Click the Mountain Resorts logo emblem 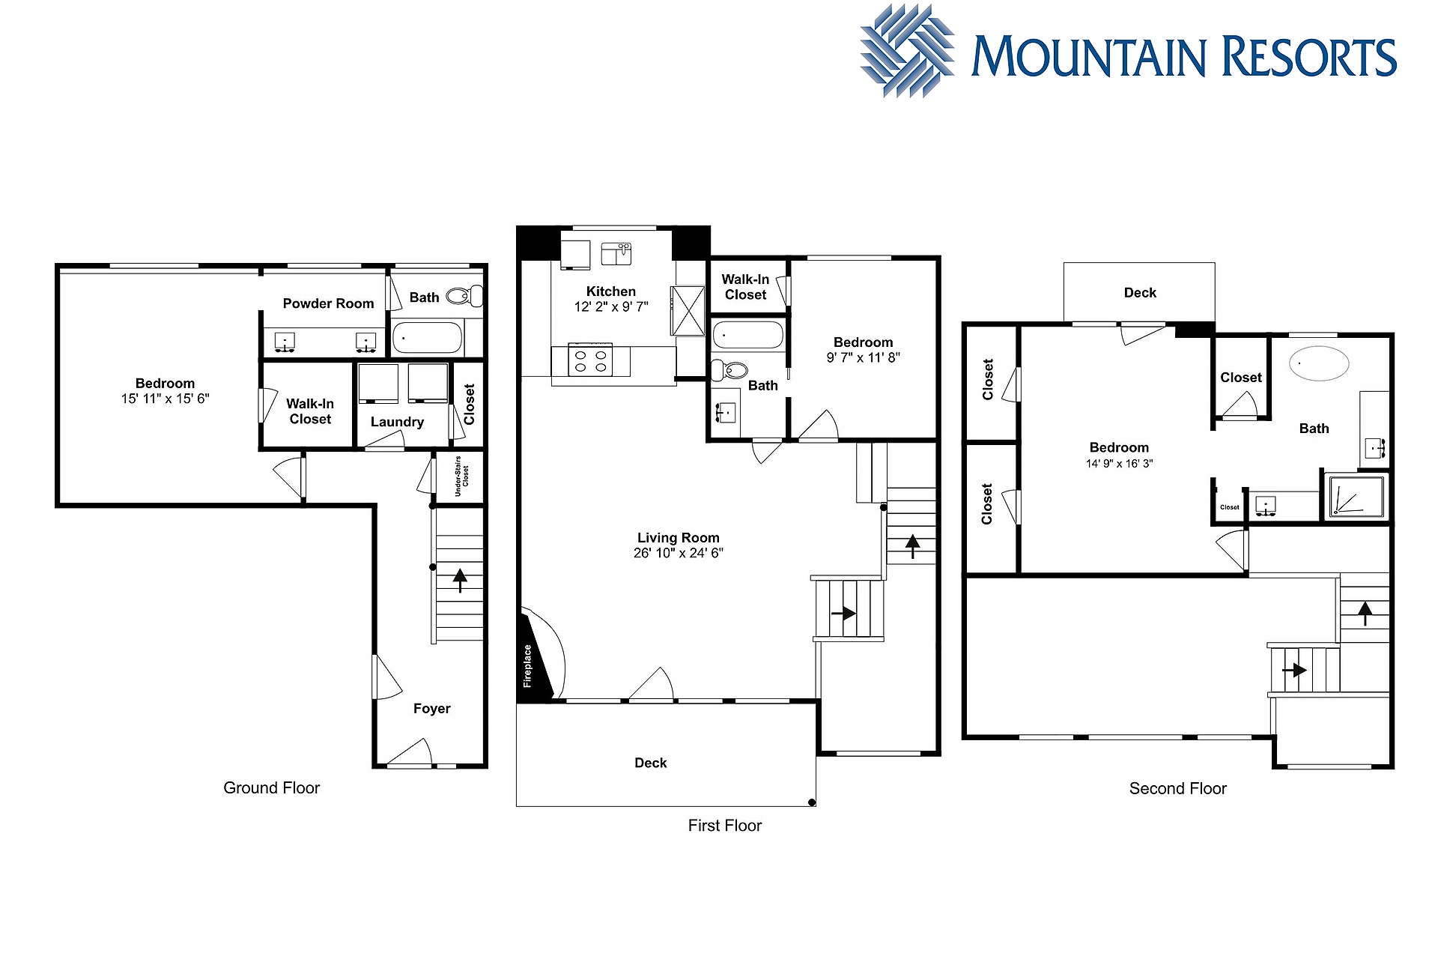(x=907, y=51)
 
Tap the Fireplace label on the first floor (x=527, y=666)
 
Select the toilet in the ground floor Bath (x=465, y=296)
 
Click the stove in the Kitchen (x=591, y=360)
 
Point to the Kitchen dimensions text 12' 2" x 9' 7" (x=611, y=306)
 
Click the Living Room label (x=679, y=538)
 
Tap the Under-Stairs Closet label (x=461, y=476)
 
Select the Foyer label (x=432, y=709)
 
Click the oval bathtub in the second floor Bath (x=1319, y=364)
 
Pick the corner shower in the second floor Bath (x=1356, y=495)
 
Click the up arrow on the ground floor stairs (x=460, y=581)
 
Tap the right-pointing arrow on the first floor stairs (x=843, y=614)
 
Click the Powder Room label (x=328, y=303)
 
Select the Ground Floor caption (x=272, y=788)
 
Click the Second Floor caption (x=1178, y=789)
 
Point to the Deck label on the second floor (x=1140, y=293)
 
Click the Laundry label (x=397, y=422)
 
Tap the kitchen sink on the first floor (x=616, y=253)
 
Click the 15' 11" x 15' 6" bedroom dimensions (x=166, y=399)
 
